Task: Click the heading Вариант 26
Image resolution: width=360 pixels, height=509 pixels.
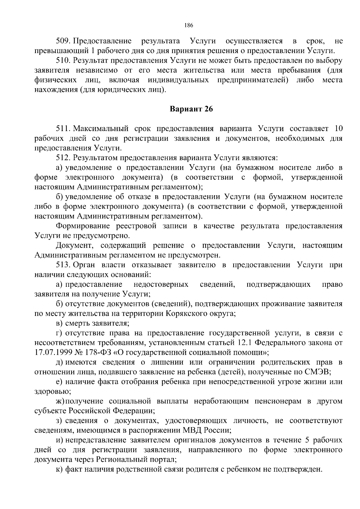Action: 191,109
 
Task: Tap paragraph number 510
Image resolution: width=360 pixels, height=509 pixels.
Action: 63,61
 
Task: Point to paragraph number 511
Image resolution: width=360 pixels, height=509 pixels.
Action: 63,129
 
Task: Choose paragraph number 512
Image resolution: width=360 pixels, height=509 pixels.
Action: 63,158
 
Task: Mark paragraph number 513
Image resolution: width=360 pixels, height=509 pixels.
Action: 63,265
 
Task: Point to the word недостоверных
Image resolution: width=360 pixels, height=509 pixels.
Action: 161,284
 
